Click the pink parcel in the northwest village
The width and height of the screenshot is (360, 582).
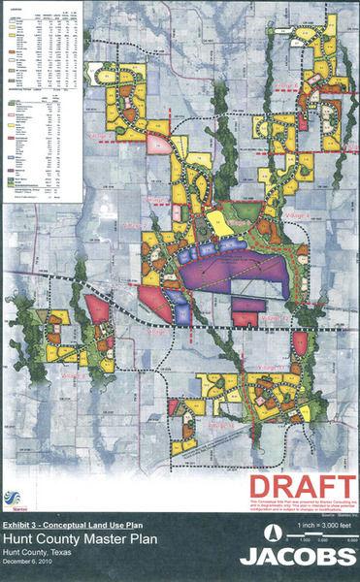pyautogui.click(x=158, y=144)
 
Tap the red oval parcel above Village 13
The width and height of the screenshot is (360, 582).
pyautogui.click(x=301, y=342)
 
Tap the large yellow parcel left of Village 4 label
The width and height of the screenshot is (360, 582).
pyautogui.click(x=221, y=224)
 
